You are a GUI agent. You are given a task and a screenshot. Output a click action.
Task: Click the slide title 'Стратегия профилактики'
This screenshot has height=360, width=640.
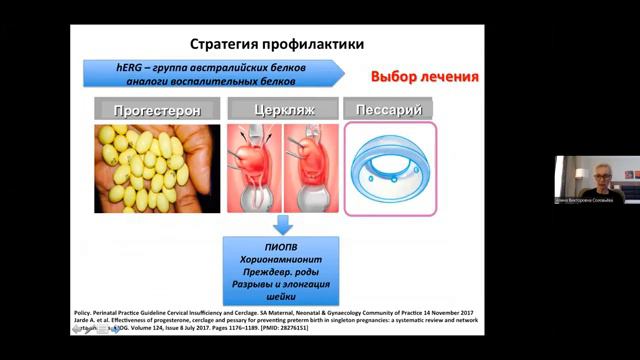tap(277, 45)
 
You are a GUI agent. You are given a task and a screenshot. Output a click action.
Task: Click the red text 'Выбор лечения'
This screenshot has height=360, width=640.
tap(424, 77)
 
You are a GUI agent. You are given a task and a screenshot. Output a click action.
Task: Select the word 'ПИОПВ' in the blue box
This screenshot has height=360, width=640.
tap(283, 244)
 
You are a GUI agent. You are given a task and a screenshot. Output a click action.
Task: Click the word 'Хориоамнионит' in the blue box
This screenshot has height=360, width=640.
tap(283, 258)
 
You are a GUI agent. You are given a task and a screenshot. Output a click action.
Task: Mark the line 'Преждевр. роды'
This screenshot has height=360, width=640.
tap(283, 272)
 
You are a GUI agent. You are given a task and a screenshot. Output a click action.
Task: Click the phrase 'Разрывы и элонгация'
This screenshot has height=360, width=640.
tap(283, 286)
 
